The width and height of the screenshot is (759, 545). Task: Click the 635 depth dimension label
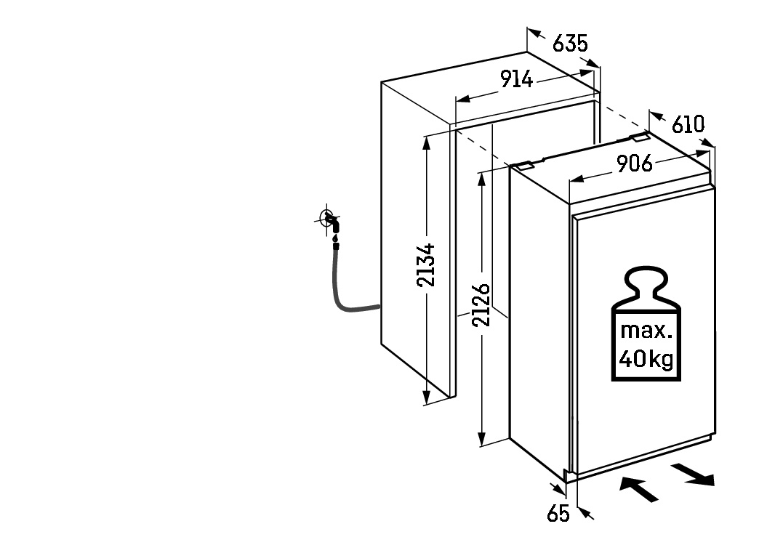(x=570, y=43)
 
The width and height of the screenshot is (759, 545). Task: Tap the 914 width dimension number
(x=516, y=79)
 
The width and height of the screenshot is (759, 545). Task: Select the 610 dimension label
(x=688, y=124)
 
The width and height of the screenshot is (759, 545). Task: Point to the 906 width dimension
(x=635, y=163)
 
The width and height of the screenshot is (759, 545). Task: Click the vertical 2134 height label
(x=426, y=265)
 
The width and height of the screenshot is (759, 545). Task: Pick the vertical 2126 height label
(x=481, y=305)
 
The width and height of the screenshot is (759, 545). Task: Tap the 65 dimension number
(x=558, y=514)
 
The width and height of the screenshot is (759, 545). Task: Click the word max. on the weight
(x=646, y=330)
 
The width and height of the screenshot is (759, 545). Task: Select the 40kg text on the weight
(x=646, y=359)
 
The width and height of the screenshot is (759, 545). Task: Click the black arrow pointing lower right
(x=693, y=475)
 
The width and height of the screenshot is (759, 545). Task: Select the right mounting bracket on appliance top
(x=639, y=137)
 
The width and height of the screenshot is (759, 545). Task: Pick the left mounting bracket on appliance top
(x=523, y=166)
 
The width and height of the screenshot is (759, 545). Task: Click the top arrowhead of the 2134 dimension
(x=426, y=143)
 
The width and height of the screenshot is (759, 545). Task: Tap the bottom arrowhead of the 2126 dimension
(x=481, y=439)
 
